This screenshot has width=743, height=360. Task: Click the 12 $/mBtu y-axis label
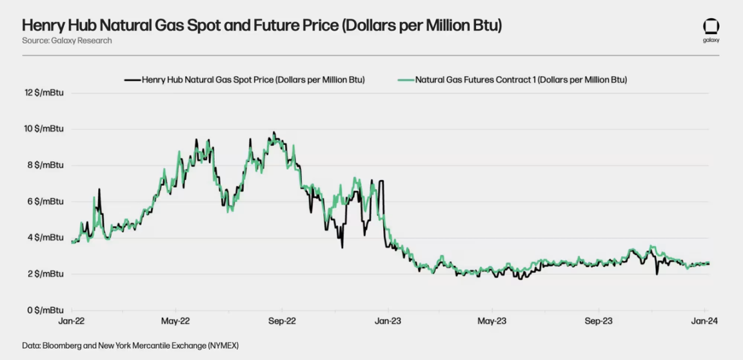(x=44, y=93)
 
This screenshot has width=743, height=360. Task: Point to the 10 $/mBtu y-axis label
(x=44, y=129)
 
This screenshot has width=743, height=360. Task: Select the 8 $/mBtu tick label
(x=46, y=165)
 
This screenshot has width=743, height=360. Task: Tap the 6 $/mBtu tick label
(x=46, y=201)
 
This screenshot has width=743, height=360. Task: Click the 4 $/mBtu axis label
(x=46, y=237)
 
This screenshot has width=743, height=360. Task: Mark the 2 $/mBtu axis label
(x=46, y=274)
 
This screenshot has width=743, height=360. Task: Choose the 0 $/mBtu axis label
(x=46, y=310)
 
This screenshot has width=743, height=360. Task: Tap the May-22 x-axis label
(x=175, y=321)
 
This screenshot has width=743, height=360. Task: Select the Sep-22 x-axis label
(x=282, y=321)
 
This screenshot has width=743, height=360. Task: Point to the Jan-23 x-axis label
(x=387, y=321)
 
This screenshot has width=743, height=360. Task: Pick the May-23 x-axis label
(x=491, y=321)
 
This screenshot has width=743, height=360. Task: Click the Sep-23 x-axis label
(x=599, y=321)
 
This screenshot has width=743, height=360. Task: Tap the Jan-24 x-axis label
(x=703, y=321)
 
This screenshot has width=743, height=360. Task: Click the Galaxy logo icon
(x=711, y=27)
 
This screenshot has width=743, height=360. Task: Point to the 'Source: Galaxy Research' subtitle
(x=67, y=41)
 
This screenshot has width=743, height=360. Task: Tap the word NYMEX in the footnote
(x=219, y=346)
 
